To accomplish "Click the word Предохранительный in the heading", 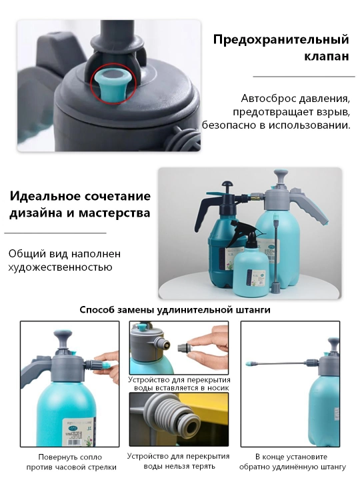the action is pyautogui.click(x=281, y=40).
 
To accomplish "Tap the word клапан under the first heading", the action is pyautogui.click(x=327, y=56).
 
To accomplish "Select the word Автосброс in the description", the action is pyautogui.click(x=268, y=99).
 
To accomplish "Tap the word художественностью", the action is pyautogui.click(x=60, y=267).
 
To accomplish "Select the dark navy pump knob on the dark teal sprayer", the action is pyautogui.click(x=227, y=185).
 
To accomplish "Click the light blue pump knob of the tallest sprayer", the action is pyautogui.click(x=281, y=176).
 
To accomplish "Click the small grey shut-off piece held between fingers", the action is pyautogui.click(x=185, y=348).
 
